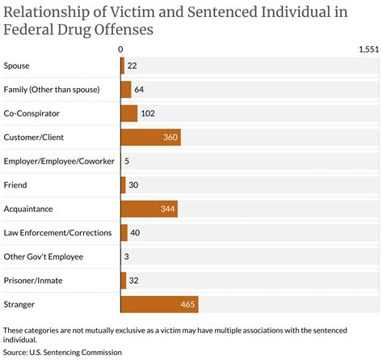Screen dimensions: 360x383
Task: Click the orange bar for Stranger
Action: [x=159, y=304]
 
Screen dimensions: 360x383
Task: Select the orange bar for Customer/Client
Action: [x=150, y=138]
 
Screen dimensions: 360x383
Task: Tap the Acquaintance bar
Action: [x=149, y=209]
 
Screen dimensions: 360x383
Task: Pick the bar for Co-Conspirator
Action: [x=129, y=113]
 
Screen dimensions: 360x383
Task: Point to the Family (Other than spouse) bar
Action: [x=126, y=90]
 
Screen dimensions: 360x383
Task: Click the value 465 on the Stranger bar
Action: [x=187, y=304]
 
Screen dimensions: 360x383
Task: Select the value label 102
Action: [x=148, y=113]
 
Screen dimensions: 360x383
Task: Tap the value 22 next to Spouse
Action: [x=133, y=66]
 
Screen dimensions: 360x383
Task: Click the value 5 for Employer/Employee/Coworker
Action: [x=128, y=161]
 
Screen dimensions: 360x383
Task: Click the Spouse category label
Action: [x=18, y=66]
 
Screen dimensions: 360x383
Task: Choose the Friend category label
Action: [x=15, y=185]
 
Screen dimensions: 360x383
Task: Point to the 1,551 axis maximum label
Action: [x=368, y=49]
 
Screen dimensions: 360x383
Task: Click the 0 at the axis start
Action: [x=120, y=49]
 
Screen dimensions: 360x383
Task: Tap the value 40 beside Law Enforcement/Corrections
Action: [x=136, y=233]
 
